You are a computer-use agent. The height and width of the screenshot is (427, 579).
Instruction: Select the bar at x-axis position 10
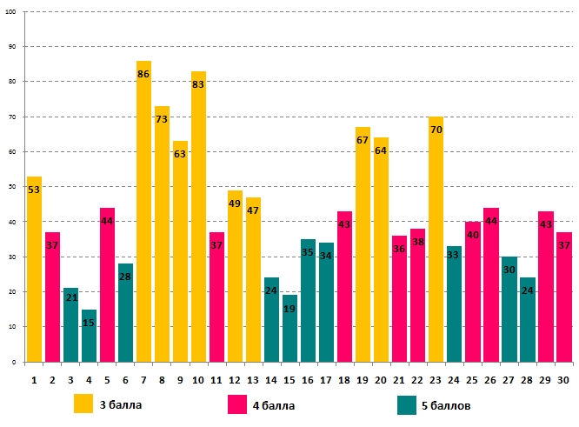198,217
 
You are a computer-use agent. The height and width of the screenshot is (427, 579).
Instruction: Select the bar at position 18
344,286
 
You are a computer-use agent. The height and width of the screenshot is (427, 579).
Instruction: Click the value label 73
162,119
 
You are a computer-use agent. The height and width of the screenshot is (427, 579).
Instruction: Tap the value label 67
363,140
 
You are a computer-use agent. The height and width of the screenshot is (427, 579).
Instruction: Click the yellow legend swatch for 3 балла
83,404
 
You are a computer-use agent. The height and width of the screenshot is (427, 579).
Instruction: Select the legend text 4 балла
274,405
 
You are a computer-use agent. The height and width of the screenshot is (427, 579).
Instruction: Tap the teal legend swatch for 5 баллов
405,404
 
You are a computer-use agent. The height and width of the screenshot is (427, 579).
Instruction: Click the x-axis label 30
563,379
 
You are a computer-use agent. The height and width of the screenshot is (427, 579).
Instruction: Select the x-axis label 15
289,379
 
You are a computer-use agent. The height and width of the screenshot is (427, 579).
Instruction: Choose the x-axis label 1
34,379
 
